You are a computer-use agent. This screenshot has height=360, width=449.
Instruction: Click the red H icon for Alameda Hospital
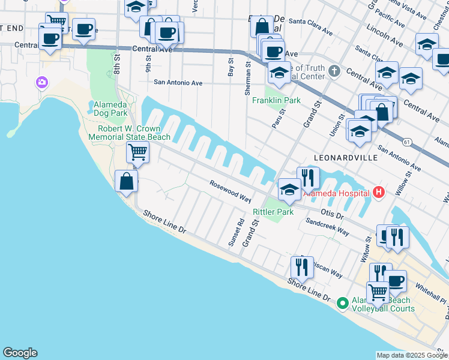coord(378,193)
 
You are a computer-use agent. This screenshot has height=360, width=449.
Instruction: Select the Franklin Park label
coord(276,101)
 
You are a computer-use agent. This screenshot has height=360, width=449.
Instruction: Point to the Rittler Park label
coord(273,212)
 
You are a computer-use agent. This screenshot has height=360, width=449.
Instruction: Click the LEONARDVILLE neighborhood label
coord(346,157)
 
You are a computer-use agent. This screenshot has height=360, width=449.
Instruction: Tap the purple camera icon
coord(42,82)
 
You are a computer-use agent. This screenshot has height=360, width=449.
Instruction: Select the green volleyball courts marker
coord(342,304)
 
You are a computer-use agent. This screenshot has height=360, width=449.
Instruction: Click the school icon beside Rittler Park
coord(289,190)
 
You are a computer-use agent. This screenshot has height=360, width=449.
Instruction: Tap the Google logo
coord(20,353)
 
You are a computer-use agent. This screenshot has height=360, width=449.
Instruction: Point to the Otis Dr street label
coord(331,214)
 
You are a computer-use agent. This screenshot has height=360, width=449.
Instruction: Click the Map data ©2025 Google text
coord(412,355)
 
